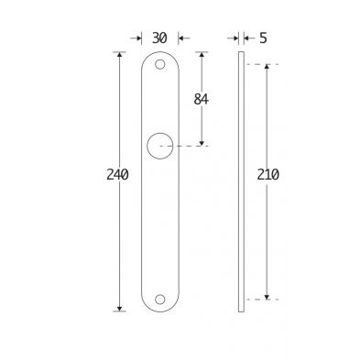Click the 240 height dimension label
pos(117,175)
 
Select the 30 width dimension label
pos(159,38)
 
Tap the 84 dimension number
pos(201,99)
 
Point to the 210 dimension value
pos(267,175)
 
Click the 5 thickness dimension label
pos(263,38)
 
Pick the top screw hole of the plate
pos(159,64)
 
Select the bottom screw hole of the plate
pos(159,300)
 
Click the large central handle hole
pos(160,146)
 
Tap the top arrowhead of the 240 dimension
pos(119,54)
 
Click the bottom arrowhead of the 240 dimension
pos(119,309)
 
